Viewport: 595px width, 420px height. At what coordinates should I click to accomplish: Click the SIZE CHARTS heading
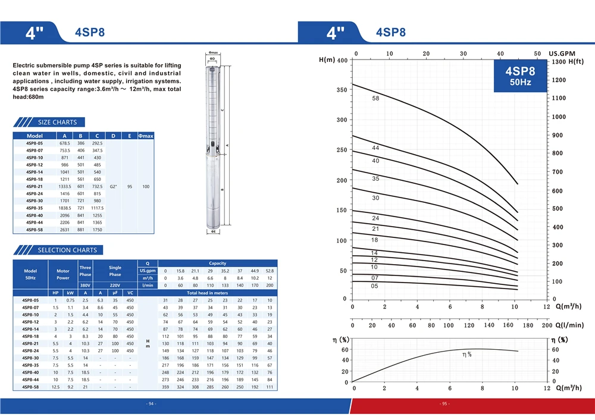(x=57, y=122)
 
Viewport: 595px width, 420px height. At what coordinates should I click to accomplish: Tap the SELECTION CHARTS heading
(x=67, y=250)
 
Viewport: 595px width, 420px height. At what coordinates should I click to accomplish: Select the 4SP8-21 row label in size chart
(x=35, y=187)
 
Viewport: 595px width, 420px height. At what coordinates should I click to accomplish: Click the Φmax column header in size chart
(x=146, y=136)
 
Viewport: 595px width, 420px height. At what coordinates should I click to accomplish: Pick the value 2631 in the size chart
(x=65, y=230)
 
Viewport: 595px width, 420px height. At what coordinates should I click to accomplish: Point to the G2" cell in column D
(x=113, y=187)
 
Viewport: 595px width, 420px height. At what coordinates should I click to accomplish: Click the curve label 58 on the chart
(x=375, y=98)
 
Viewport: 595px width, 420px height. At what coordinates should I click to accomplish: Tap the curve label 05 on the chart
(x=374, y=286)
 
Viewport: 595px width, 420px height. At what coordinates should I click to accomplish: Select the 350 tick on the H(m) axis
(x=342, y=90)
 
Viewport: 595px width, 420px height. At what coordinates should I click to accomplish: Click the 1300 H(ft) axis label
(x=568, y=61)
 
